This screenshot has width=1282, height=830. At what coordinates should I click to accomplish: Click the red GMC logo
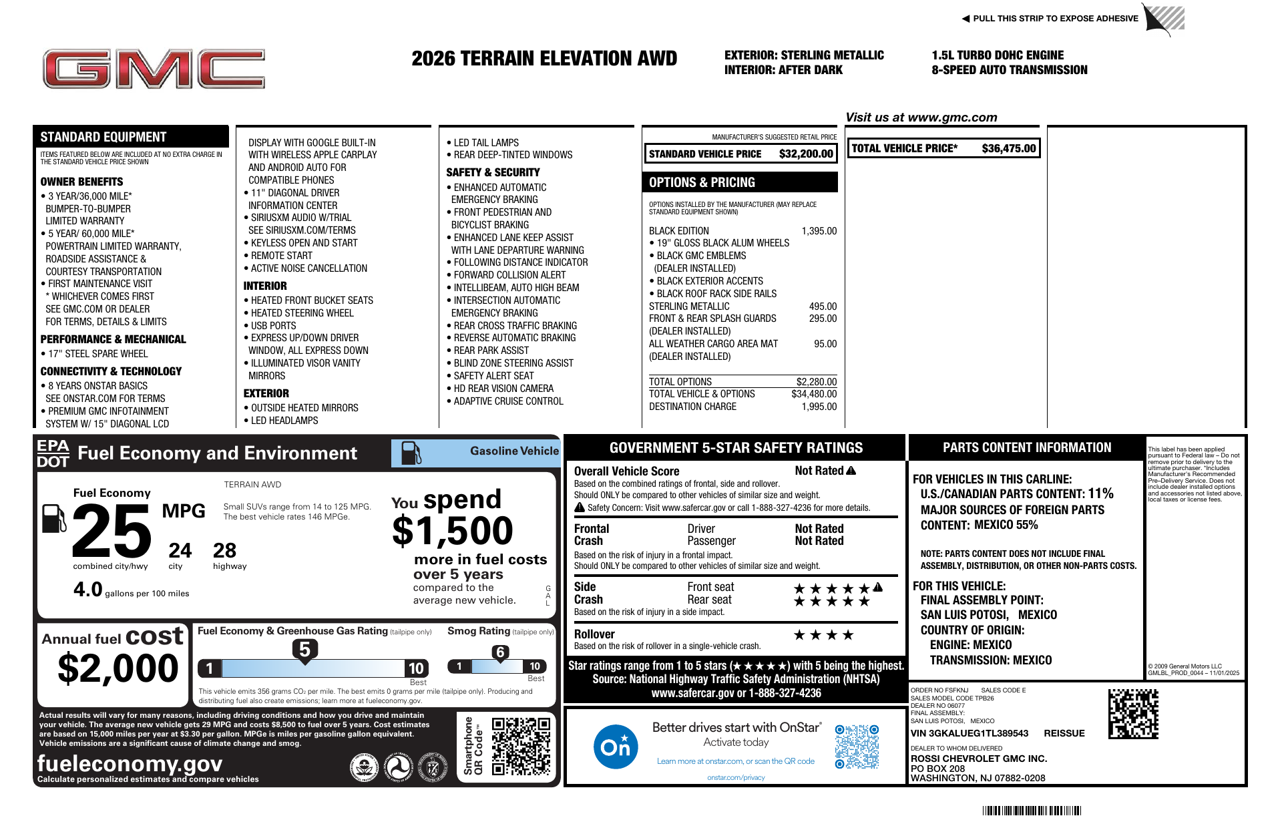coord(154,69)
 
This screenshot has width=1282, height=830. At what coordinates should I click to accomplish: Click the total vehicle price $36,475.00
coord(1008,148)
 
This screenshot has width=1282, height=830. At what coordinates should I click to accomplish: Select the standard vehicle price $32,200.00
coord(805,154)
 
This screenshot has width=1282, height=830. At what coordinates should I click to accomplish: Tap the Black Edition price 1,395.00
coord(819,231)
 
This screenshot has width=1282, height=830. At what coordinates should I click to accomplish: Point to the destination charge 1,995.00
coord(819,407)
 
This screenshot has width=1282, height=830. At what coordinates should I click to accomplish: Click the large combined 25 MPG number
coord(112,531)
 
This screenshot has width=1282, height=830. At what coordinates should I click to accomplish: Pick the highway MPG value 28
coord(224,551)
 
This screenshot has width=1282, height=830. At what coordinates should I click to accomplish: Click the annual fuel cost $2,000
coord(118,668)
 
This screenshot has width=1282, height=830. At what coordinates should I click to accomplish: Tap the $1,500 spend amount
coord(452,532)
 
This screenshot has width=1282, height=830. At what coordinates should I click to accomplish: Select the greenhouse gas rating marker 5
coord(304,650)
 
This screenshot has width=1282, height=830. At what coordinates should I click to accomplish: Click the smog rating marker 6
coord(500,652)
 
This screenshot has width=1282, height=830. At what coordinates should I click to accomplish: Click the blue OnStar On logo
coord(615,747)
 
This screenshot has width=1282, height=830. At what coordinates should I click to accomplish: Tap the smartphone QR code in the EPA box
coord(521,747)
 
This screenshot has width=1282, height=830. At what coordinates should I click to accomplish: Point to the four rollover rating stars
coord(823,635)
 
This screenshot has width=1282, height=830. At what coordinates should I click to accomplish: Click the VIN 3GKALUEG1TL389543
coord(970,733)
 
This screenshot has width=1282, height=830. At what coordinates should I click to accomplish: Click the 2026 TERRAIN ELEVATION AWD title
coord(544,59)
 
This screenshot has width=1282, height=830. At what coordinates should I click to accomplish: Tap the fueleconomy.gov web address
coord(130,763)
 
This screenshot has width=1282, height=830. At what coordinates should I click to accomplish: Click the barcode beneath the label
coord(1031,811)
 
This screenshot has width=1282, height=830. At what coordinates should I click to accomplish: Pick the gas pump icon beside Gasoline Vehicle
coord(411,453)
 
